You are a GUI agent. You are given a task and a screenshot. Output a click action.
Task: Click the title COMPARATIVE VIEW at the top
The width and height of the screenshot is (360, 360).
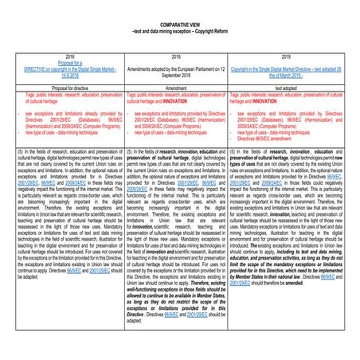coord(179,25)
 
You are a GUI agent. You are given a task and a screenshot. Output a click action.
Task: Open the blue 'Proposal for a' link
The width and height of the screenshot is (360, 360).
coord(70,63)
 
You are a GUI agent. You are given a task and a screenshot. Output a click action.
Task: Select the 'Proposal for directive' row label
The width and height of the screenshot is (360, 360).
coord(70,88)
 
